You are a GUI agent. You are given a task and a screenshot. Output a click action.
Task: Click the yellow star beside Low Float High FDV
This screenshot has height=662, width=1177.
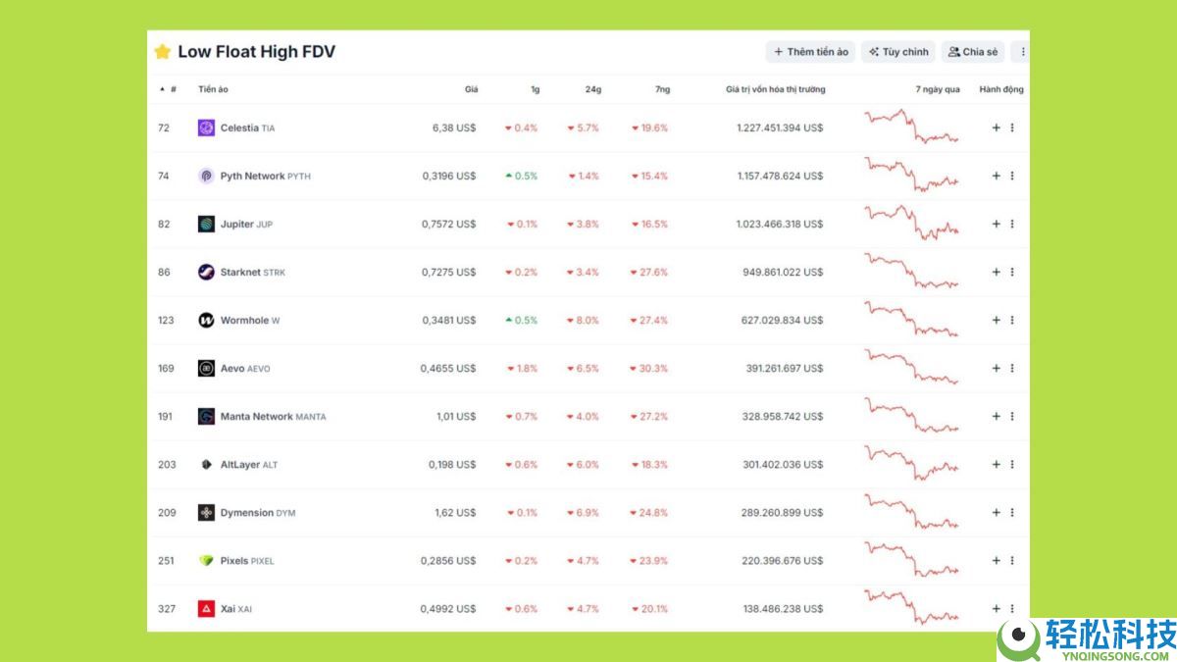point(162,52)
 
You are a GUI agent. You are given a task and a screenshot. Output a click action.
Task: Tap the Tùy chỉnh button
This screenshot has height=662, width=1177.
point(898,52)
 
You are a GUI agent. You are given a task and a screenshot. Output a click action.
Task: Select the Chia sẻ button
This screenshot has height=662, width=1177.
point(973,52)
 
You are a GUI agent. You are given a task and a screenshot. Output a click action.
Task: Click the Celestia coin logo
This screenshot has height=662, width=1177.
point(206,127)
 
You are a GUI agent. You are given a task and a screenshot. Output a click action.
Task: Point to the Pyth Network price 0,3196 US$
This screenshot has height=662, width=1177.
point(449,177)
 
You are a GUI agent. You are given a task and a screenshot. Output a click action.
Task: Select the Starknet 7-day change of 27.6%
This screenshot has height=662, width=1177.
point(650,273)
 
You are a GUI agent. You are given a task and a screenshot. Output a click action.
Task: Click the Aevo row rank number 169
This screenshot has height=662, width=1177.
point(166,369)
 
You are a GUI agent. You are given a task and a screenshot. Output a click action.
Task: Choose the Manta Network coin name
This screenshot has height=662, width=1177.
point(257,417)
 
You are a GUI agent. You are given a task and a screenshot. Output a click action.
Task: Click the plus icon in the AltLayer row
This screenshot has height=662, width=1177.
point(996,465)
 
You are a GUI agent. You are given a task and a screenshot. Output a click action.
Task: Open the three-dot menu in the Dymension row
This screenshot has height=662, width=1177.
point(1012,513)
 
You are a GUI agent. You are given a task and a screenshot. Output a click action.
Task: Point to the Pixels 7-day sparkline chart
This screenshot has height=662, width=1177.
point(911,561)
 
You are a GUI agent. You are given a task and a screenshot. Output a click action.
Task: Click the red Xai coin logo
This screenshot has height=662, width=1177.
point(206,609)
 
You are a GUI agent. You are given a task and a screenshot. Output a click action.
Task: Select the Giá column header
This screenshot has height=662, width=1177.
point(472,90)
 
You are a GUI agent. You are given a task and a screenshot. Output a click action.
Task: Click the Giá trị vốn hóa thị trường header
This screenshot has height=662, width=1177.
point(776,90)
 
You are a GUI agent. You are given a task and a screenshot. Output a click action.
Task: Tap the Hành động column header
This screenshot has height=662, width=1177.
point(1001,90)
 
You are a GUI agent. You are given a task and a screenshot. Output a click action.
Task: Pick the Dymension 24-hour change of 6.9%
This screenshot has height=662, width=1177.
point(584,513)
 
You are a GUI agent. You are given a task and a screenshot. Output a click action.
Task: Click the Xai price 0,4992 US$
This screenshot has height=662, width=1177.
point(448,609)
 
